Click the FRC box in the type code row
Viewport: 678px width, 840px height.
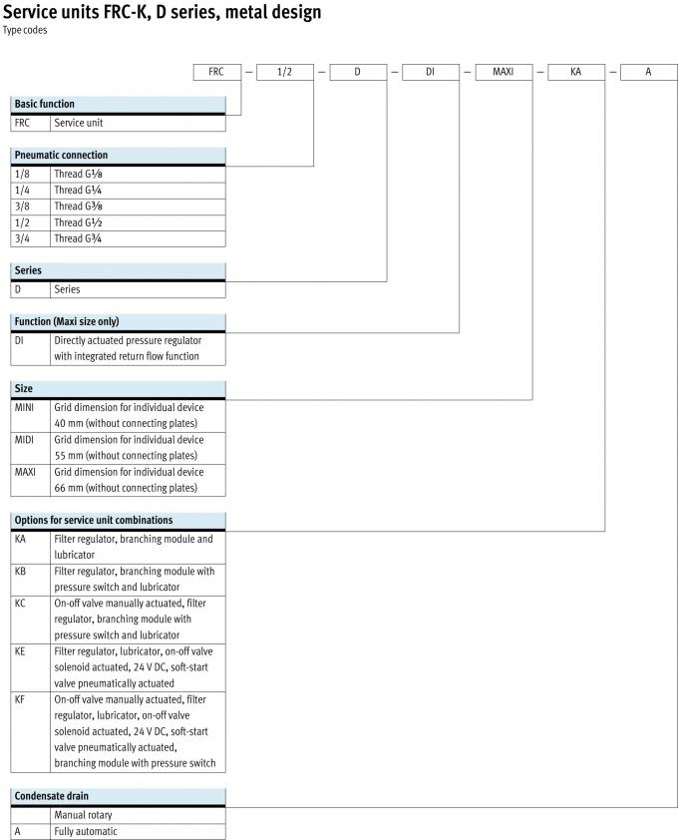[x=217, y=72]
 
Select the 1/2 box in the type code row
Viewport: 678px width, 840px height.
[x=286, y=72]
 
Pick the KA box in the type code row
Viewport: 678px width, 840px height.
[x=575, y=72]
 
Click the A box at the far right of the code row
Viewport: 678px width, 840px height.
[x=648, y=72]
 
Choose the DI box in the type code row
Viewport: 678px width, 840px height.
[x=430, y=72]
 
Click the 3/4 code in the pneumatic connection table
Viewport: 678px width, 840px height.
[x=22, y=238]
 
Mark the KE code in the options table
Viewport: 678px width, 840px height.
[x=21, y=650]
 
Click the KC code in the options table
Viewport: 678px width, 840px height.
[x=21, y=603]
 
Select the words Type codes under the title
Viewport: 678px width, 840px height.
[x=25, y=30]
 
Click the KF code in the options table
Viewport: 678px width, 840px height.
[x=21, y=699]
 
